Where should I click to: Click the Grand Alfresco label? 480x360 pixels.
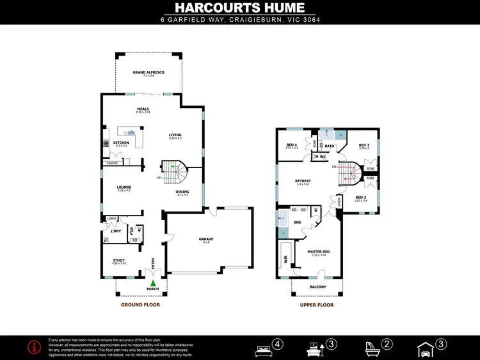(x=148, y=73)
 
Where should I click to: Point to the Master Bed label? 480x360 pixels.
(x=318, y=252)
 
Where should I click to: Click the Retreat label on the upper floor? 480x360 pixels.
(x=303, y=181)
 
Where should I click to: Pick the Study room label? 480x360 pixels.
(x=119, y=260)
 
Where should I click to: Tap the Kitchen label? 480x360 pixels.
(x=121, y=143)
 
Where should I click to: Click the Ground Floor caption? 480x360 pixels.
(x=140, y=305)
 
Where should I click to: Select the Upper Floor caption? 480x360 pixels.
(x=317, y=305)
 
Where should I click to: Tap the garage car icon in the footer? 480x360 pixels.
(x=425, y=349)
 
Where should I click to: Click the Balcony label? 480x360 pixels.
(x=317, y=287)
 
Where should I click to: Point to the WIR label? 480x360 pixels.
(x=285, y=260)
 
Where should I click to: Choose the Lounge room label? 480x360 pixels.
(x=124, y=187)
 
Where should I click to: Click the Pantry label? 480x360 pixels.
(x=113, y=163)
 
